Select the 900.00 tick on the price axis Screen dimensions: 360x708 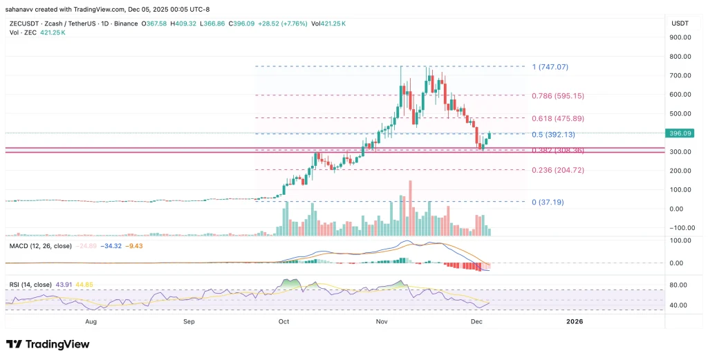coord(682,37)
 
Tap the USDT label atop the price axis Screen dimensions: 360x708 coord(680,23)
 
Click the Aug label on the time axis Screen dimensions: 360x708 coord(91,321)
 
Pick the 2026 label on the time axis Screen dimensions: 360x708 coord(575,321)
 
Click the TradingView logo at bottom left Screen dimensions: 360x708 coord(48,344)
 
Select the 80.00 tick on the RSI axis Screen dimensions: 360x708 coord(678,285)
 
